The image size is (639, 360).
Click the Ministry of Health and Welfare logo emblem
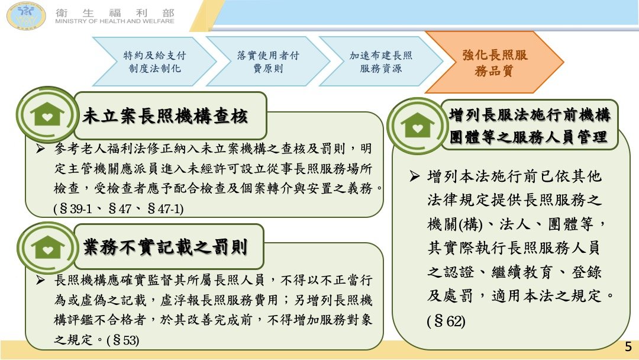pos(26,16)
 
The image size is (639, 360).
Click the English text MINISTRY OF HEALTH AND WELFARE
pos(115,21)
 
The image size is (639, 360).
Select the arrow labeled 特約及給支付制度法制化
pos(154,62)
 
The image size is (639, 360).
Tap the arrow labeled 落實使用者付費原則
pos(268,62)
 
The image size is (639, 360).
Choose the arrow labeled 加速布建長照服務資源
pos(380,62)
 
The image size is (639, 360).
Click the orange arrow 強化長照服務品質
pos(494,62)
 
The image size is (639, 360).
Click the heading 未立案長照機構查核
pos(165,116)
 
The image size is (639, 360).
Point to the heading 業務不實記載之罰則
pos(165,247)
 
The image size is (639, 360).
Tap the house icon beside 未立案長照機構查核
pos(47,114)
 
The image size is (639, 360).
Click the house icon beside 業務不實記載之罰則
pos(48,247)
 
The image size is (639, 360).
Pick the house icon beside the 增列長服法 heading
pos(417,126)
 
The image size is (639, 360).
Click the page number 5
pos(628,346)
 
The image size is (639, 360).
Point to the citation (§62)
pos(446,322)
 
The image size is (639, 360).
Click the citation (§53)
pos(122,340)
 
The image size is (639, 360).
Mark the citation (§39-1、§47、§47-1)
pos(118,209)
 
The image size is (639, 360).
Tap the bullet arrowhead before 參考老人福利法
pos(40,149)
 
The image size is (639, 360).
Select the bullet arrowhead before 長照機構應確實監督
pos(40,280)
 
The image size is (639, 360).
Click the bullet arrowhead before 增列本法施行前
pos(414,176)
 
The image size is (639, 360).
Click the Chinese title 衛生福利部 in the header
pos(115,12)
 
